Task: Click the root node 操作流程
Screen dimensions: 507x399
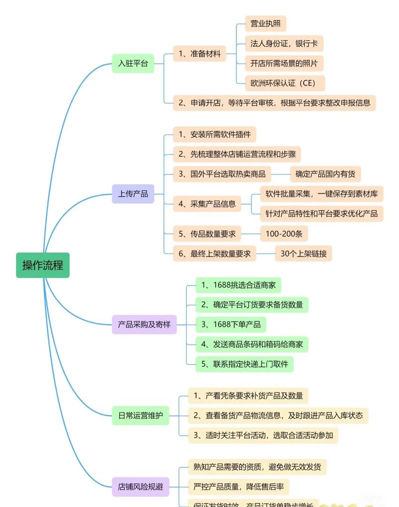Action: [x=42, y=265]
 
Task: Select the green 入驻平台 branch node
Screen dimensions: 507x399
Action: [x=133, y=64]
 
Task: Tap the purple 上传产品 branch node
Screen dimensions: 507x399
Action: [x=133, y=194]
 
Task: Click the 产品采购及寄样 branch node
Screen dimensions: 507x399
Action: [x=144, y=325]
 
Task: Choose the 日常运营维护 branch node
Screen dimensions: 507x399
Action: [x=140, y=415]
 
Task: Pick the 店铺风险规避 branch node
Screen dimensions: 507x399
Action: [x=140, y=486]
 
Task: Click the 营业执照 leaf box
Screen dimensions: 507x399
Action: [x=265, y=24]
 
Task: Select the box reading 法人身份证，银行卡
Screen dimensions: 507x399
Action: [x=284, y=44]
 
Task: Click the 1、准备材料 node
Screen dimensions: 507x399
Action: [x=199, y=54]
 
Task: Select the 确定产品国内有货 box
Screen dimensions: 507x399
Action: [x=325, y=174]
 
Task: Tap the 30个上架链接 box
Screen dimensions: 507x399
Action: [x=303, y=253]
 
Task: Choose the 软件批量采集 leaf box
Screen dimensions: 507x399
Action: [x=321, y=193]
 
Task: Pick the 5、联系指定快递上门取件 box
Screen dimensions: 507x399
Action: [x=244, y=364]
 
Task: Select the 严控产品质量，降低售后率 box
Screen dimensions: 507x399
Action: [x=238, y=487]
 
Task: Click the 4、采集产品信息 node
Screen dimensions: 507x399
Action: [x=207, y=203]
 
